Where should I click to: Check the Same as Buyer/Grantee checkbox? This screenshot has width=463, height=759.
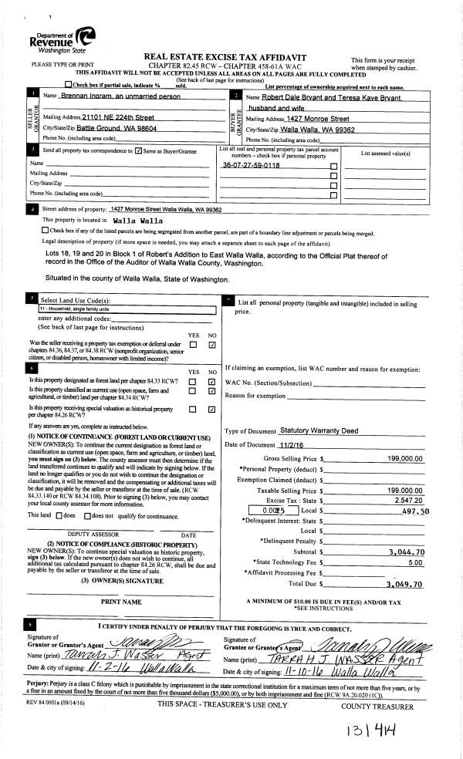138,150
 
